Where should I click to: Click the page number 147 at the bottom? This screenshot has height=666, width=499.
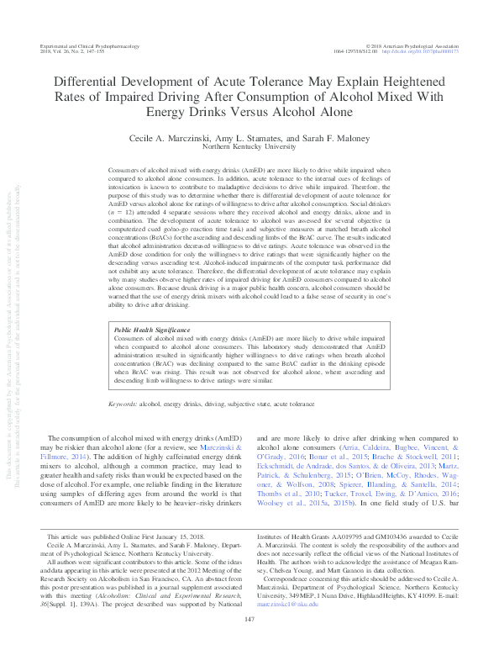click(249, 643)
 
